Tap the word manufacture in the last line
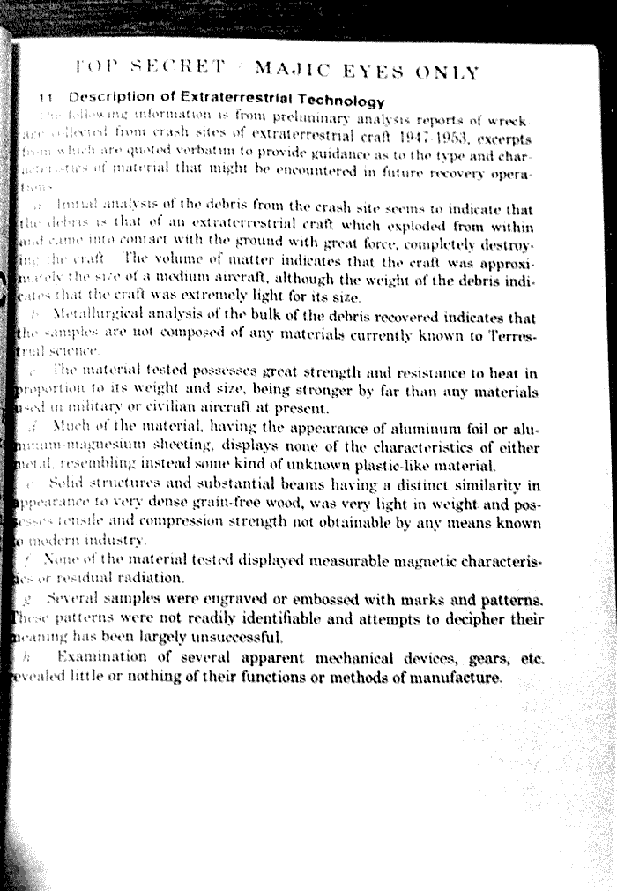459,678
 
